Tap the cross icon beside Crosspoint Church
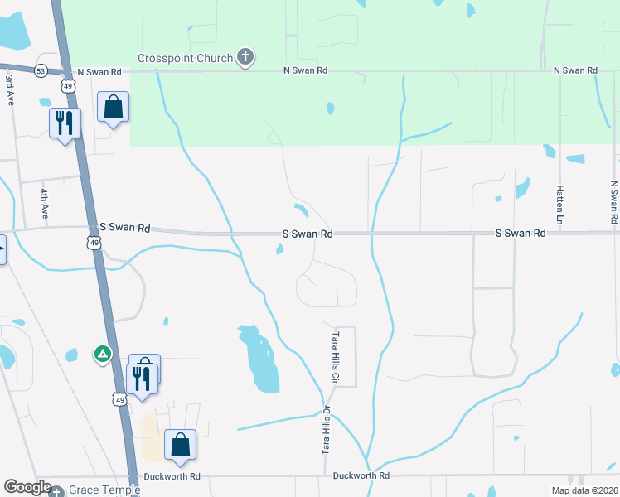click(245, 57)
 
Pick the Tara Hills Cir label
click(337, 357)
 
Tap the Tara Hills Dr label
click(327, 430)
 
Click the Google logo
click(27, 488)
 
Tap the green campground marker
click(102, 355)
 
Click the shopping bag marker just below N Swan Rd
click(113, 107)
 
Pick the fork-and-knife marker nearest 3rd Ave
click(65, 123)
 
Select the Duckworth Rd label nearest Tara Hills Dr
click(361, 476)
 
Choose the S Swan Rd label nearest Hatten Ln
click(521, 234)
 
